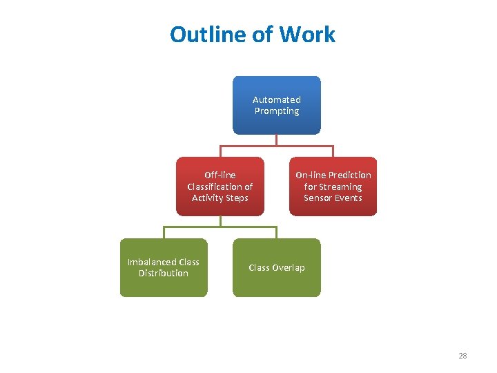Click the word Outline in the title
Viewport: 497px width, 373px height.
201,35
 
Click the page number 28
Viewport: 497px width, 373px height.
462,356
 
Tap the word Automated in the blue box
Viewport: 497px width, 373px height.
276,99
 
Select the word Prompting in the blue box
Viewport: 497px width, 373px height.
276,111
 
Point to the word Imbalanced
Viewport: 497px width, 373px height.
152,262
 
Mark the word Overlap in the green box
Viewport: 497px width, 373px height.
289,267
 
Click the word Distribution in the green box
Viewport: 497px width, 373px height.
164,274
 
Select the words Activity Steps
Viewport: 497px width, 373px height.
220,198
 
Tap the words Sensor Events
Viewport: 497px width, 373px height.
333,198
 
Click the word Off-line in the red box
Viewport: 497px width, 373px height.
220,175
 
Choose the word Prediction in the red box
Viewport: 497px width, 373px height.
349,175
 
